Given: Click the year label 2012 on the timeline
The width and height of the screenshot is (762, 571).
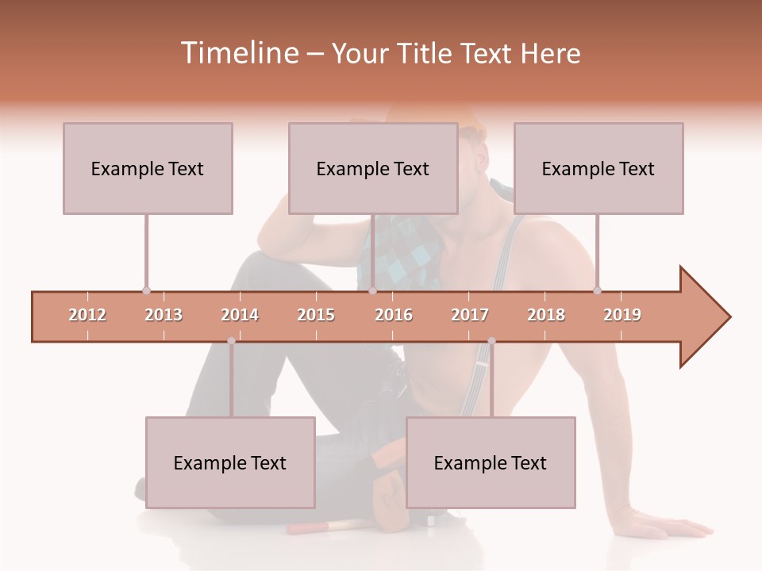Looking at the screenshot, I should coord(87,315).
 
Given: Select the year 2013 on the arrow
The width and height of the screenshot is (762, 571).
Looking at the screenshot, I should coord(164,315).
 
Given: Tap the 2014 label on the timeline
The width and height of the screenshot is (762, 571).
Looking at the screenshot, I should coord(240,315).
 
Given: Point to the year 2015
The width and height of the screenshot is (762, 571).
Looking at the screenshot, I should coord(316,315).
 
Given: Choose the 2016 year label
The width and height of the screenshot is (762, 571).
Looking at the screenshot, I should coord(394,315).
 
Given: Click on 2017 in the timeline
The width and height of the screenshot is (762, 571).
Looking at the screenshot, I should coord(470,315).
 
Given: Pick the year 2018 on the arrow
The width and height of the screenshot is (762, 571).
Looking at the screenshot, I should coord(546,315).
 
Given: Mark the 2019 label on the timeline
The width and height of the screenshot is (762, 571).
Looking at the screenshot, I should coord(622,315).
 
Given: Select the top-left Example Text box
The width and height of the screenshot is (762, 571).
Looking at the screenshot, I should coord(148,168).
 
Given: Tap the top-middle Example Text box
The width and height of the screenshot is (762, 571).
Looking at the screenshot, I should coord(373,168).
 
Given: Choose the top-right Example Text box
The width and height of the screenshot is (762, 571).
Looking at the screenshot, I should coord(598,168).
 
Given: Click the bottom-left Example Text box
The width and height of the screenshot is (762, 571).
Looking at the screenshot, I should coord(230,462).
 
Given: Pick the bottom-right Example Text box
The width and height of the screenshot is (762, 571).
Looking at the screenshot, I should coord(491,462).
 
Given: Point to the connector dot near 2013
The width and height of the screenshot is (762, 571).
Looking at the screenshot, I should coord(146,290).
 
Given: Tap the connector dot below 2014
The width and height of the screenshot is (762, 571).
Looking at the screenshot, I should coord(231,341).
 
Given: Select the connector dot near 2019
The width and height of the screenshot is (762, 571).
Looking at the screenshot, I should coord(597,290).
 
